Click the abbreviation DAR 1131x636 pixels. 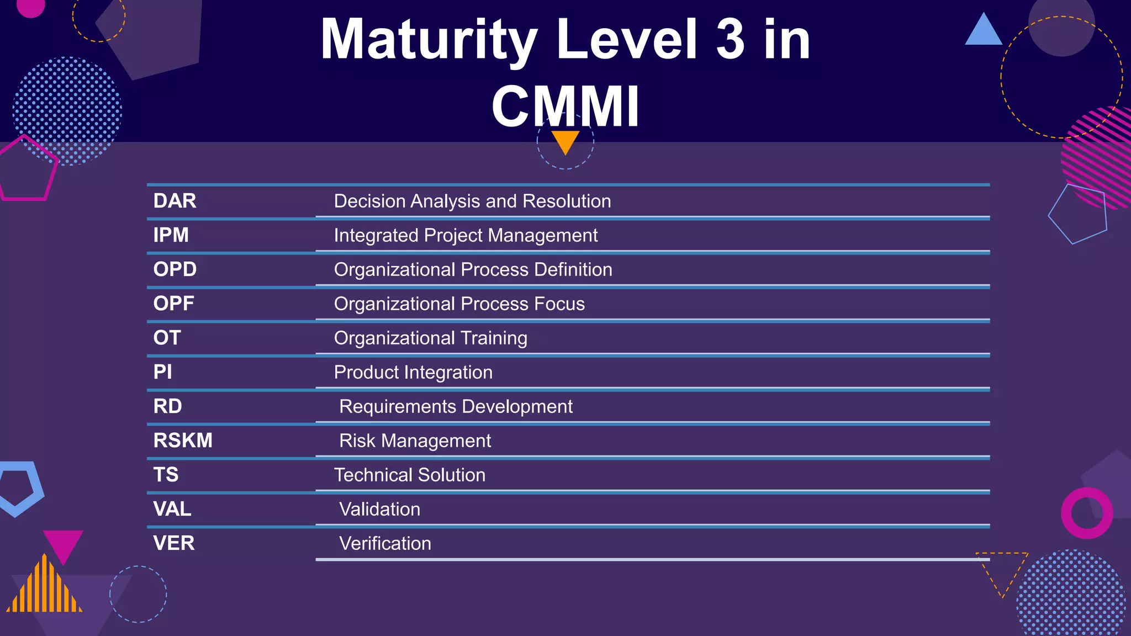pyautogui.click(x=175, y=201)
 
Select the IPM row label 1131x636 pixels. pyautogui.click(x=171, y=235)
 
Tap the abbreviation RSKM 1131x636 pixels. pyautogui.click(x=183, y=441)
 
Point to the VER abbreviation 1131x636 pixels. pyautogui.click(x=174, y=543)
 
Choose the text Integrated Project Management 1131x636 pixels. pyautogui.click(x=466, y=236)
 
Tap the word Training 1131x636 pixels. pyautogui.click(x=494, y=338)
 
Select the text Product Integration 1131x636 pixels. pyautogui.click(x=413, y=373)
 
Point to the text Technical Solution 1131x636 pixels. pyautogui.click(x=410, y=475)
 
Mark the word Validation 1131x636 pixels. pyautogui.click(x=380, y=510)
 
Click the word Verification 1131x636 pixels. pyautogui.click(x=385, y=544)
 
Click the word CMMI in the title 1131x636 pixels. pyautogui.click(x=565, y=106)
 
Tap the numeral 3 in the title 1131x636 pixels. pyautogui.click(x=730, y=40)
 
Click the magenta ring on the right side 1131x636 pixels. pyautogui.click(x=1087, y=513)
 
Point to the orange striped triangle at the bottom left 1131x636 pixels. pyautogui.click(x=44, y=586)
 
